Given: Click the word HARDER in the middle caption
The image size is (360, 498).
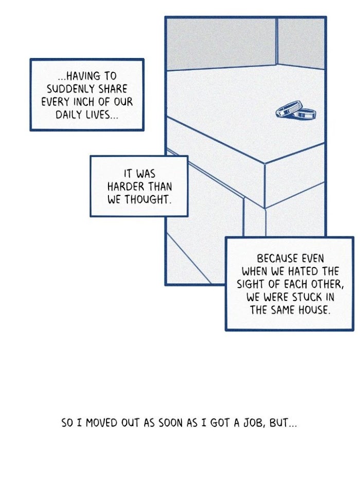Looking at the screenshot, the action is (127, 186).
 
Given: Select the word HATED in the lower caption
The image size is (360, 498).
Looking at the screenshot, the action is (303, 272).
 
